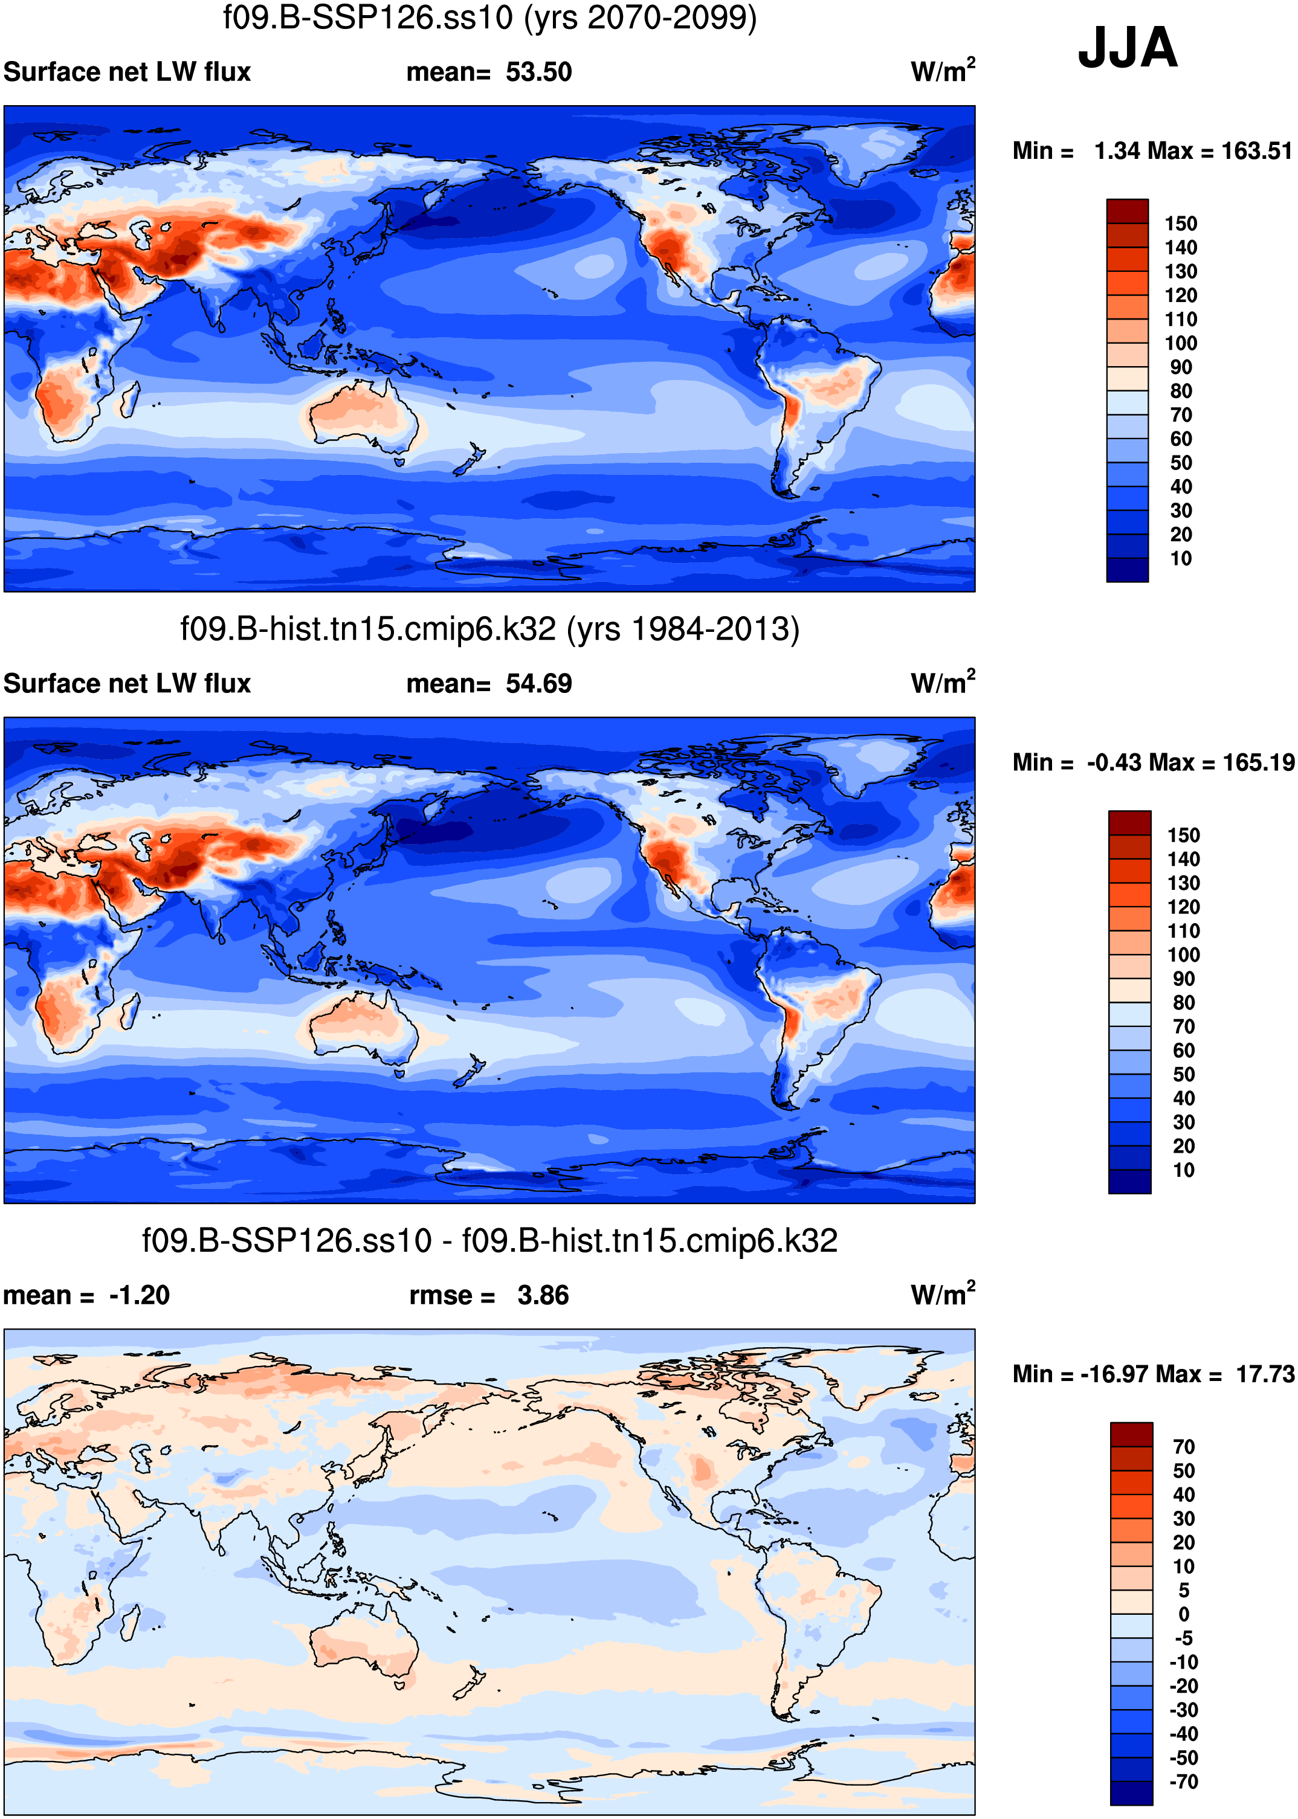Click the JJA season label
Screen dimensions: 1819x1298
pos(1127,48)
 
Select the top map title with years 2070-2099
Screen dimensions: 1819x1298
pos(489,18)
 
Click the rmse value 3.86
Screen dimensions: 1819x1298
pos(543,1295)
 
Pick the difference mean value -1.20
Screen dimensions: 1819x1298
pos(139,1295)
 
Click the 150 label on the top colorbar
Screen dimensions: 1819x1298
pos(1181,224)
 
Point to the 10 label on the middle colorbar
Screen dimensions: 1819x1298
pos(1183,1170)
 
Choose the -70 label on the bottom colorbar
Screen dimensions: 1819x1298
pos(1184,1782)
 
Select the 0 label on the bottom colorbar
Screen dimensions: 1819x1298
pos(1184,1614)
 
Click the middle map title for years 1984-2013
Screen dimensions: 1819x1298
pos(489,629)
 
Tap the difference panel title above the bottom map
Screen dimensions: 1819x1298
pos(489,1241)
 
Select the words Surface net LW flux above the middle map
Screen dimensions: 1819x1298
pos(127,684)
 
